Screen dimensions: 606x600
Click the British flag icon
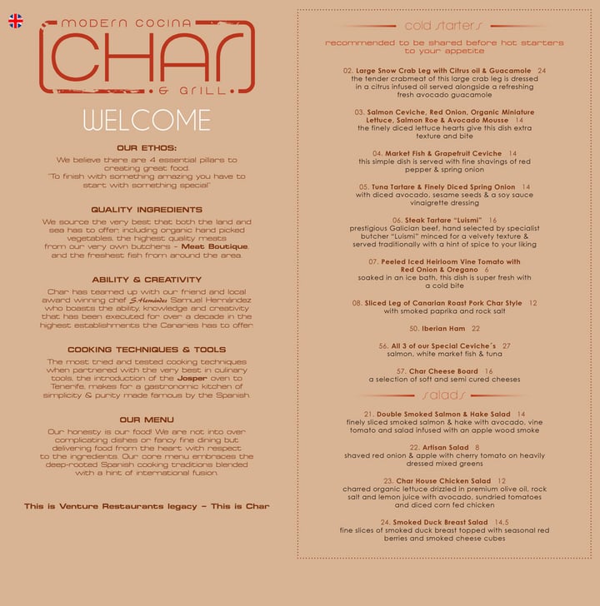[x=16, y=21]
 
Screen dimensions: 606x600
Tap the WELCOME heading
[x=147, y=120]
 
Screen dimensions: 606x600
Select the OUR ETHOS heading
[x=147, y=148]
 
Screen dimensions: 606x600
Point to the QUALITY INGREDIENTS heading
[x=147, y=210]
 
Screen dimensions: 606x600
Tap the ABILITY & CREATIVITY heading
[x=147, y=280]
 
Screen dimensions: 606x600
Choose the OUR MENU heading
[x=147, y=420]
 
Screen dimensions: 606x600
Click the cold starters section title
[x=443, y=27]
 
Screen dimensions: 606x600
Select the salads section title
[x=443, y=395]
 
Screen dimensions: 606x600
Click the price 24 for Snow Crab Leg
[x=542, y=71]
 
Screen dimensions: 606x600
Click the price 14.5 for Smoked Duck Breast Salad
[x=501, y=522]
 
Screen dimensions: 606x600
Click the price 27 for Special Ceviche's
[x=507, y=345]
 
